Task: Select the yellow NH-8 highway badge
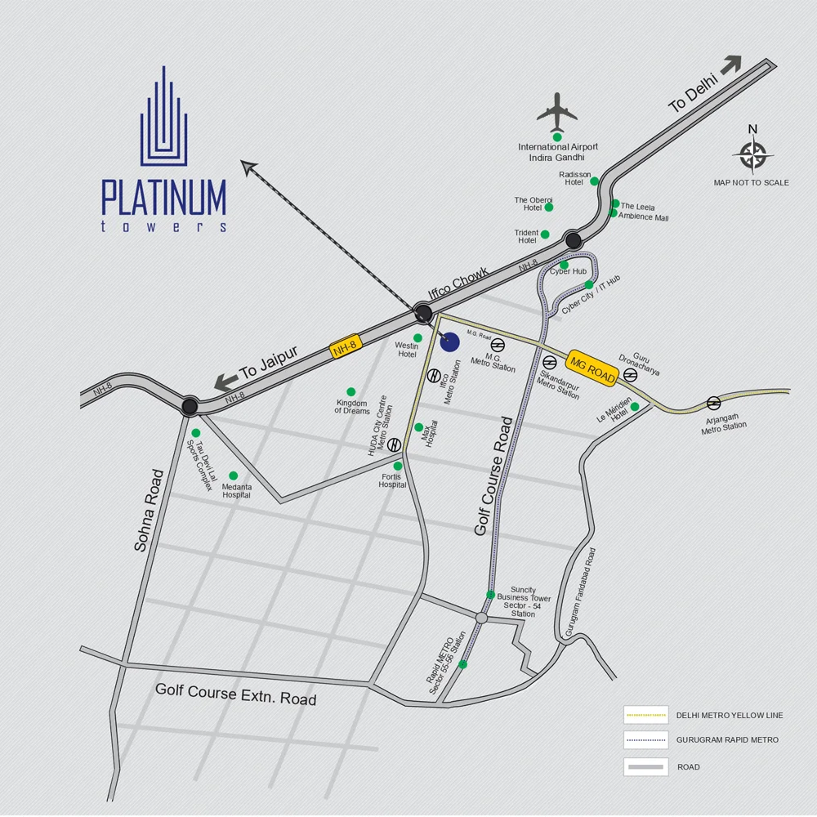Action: tap(345, 347)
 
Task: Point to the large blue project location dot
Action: tap(449, 342)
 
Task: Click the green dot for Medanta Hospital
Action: tap(233, 475)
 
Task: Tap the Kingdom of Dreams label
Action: tap(352, 406)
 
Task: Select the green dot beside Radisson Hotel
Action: tap(595, 181)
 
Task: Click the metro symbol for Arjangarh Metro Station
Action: tap(713, 402)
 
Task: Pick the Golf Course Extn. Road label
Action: tap(236, 694)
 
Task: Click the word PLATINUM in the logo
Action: tap(163, 197)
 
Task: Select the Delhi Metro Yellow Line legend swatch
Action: tap(645, 716)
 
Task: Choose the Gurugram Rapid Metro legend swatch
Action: tap(645, 740)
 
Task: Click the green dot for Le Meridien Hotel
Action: tap(635, 407)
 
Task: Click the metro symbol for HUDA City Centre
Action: tap(395, 445)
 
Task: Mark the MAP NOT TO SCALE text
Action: tap(751, 183)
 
